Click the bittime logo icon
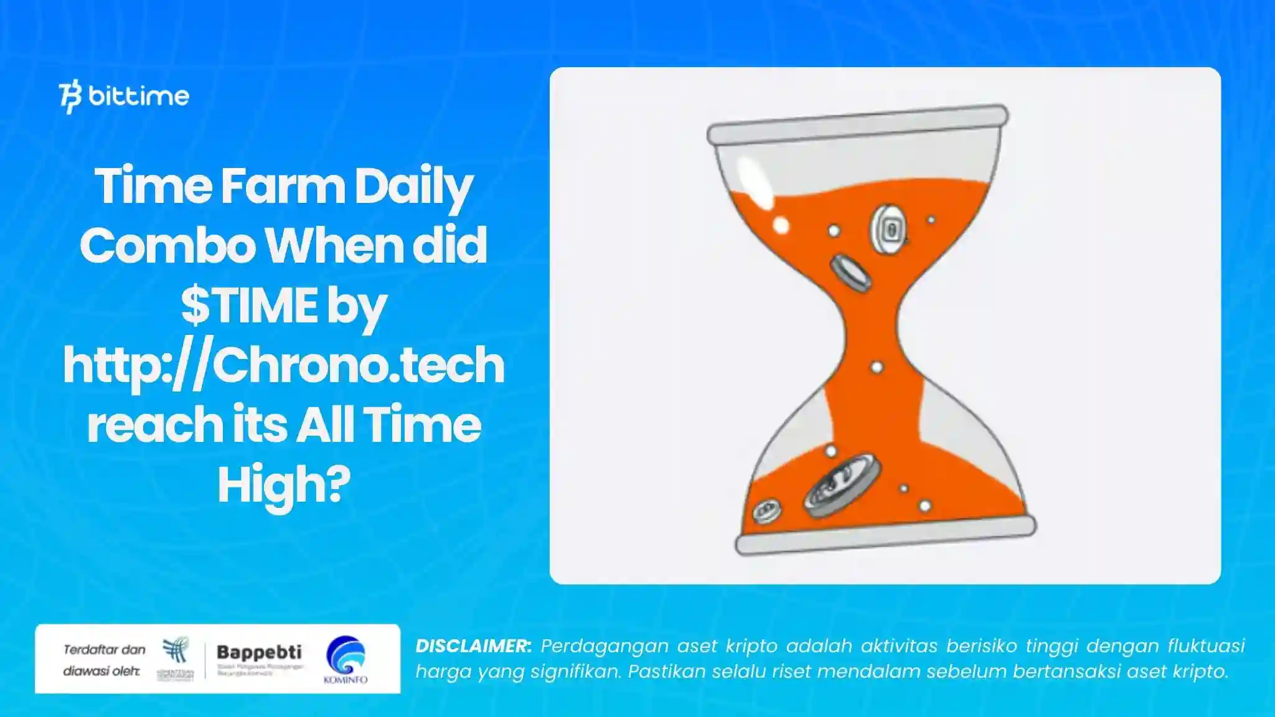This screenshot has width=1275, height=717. [x=70, y=96]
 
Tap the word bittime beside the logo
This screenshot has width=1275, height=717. [x=138, y=96]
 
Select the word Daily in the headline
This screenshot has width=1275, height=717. [x=413, y=187]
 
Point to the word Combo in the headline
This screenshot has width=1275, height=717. [x=167, y=246]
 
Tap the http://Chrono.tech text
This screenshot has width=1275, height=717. [x=283, y=365]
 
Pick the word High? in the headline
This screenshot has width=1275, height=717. [x=283, y=485]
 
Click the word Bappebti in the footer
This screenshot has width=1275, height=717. [x=259, y=652]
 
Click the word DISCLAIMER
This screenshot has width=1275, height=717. [x=473, y=646]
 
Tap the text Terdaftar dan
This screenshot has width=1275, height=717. [x=104, y=650]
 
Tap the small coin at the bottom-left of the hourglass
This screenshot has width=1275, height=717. [x=766, y=511]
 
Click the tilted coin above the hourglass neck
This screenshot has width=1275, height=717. [x=850, y=273]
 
